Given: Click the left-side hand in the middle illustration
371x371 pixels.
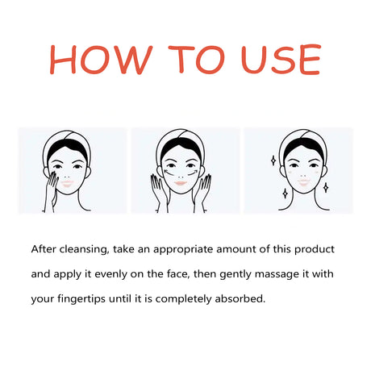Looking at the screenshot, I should click(159, 192).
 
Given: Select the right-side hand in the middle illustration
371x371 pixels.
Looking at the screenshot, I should click(205, 192).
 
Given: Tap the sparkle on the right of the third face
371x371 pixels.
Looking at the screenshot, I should click(326, 187).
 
